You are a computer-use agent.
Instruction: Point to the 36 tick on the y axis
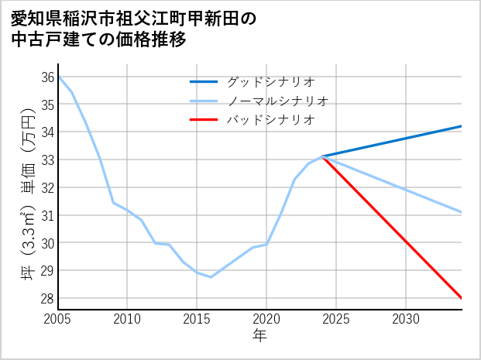tap(47, 77)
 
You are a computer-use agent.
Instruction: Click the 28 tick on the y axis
tap(47, 298)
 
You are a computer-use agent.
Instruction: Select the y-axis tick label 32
tap(47, 187)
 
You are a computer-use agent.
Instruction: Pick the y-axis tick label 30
tap(47, 243)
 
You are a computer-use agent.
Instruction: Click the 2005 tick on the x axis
tap(58, 319)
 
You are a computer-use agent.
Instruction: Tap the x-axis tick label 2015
tap(197, 319)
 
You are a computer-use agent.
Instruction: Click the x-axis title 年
tap(259, 336)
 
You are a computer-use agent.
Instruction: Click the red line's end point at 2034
tap(462, 298)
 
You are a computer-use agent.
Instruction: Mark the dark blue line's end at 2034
tap(462, 126)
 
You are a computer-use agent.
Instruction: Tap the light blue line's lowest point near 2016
tap(211, 277)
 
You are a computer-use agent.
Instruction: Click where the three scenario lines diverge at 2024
tap(322, 156)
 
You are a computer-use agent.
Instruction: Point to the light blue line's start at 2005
tap(58, 77)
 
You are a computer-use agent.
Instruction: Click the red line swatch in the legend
tap(204, 120)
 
